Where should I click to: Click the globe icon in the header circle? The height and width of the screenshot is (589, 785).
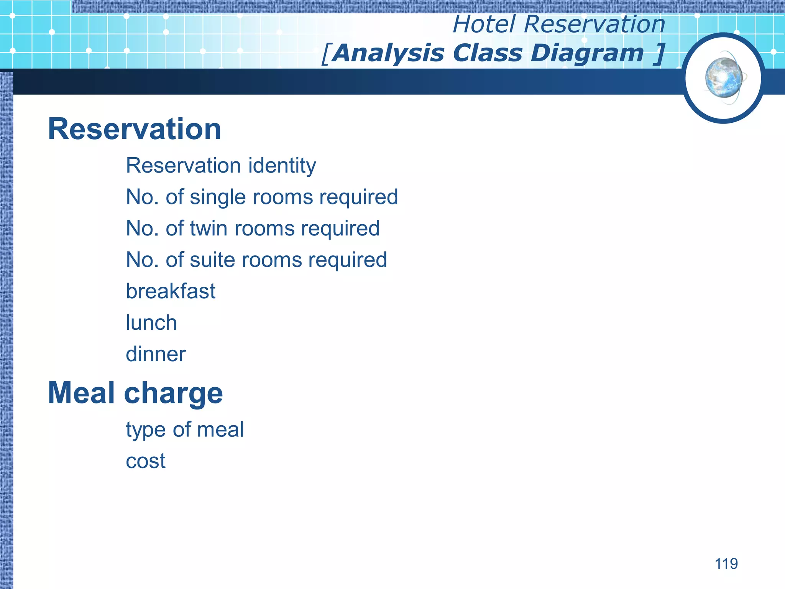coord(724,78)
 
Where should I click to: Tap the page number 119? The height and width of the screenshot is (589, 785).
coord(726,564)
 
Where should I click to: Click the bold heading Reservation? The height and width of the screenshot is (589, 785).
coord(135,129)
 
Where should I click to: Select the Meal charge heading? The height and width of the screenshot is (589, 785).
coord(135,393)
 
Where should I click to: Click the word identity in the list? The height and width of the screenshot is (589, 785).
coord(282,166)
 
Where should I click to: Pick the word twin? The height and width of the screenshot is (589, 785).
coord(209,229)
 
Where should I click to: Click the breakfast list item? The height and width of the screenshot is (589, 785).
coord(171,291)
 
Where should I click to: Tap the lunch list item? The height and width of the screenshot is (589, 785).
coord(151,323)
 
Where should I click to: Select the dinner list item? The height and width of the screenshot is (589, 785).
coord(156,354)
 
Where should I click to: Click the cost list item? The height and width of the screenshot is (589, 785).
coord(146,461)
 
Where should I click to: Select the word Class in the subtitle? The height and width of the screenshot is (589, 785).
coord(487,53)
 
